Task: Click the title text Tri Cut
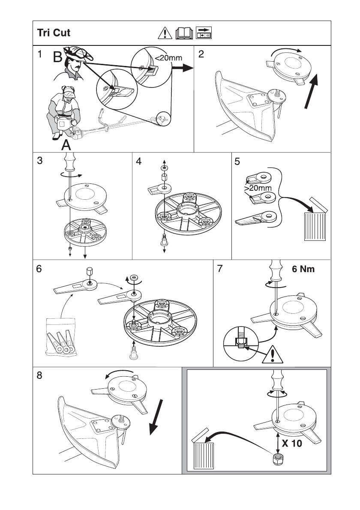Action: click(x=54, y=33)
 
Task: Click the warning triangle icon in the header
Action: click(x=165, y=33)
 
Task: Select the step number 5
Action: click(x=237, y=162)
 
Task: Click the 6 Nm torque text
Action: click(x=303, y=270)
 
